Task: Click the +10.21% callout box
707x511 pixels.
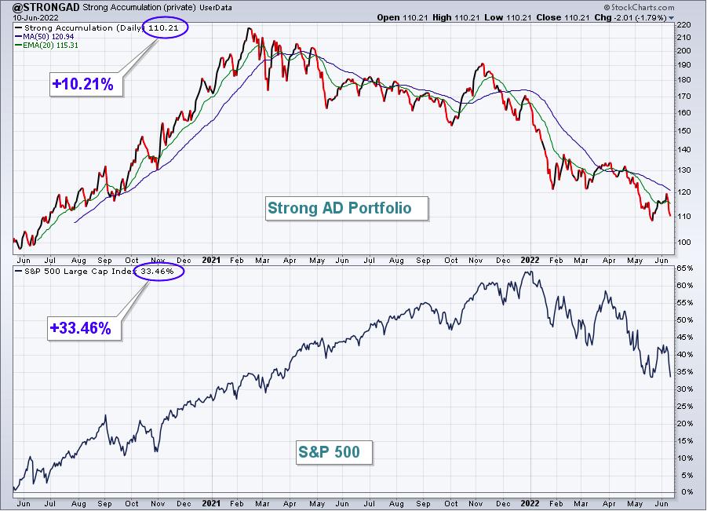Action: coord(86,84)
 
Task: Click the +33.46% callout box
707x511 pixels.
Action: coord(84,328)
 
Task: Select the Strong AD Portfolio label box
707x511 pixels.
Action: coord(346,208)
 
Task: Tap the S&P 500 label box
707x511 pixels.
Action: coord(334,452)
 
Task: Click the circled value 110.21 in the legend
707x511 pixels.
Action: coord(164,27)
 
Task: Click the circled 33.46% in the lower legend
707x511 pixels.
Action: coord(159,271)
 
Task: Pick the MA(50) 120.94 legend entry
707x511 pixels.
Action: coord(44,37)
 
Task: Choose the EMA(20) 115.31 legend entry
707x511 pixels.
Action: coord(46,45)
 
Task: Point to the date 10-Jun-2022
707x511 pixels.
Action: coord(31,18)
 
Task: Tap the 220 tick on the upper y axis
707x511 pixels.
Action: coord(684,25)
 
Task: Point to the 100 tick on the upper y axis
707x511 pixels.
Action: coord(684,243)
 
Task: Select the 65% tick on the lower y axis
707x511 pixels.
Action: coord(684,268)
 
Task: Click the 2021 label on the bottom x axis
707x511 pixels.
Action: coord(211,503)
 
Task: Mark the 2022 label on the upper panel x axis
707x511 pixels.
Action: coord(530,261)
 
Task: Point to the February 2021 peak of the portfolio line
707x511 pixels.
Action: coord(249,28)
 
